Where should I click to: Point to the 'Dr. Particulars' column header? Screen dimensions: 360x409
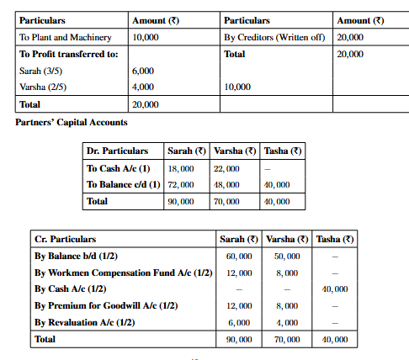tap(117, 151)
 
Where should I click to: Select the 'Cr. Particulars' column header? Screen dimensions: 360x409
tap(65, 240)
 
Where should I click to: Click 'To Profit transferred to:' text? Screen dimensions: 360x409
tap(68, 54)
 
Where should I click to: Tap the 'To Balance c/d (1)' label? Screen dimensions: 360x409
tap(123, 184)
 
